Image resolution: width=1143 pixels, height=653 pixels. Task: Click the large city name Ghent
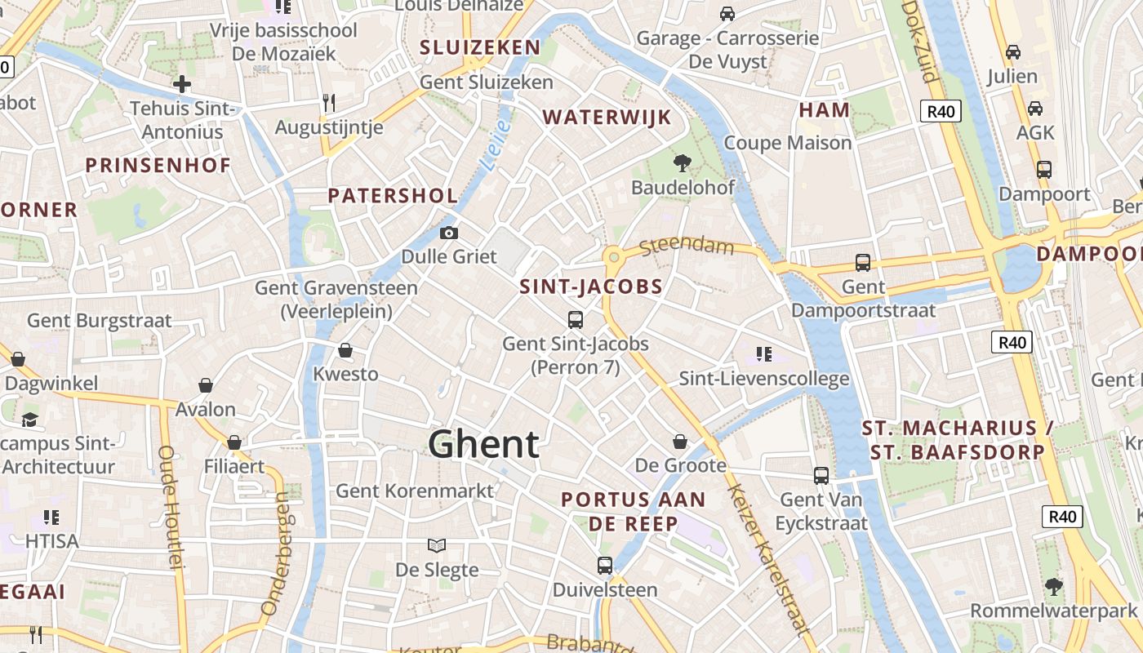click(x=483, y=445)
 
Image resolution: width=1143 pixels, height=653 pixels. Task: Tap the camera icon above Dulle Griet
click(x=448, y=233)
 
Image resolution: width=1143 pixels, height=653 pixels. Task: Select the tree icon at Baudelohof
click(x=682, y=163)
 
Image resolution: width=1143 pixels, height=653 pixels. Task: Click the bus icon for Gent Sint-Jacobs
click(x=576, y=319)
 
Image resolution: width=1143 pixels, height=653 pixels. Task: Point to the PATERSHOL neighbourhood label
click(x=393, y=196)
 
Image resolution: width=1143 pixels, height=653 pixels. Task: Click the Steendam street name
click(x=687, y=246)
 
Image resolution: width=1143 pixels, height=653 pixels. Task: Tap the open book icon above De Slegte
click(x=437, y=545)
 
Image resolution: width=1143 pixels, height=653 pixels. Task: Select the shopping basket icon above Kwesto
click(x=345, y=350)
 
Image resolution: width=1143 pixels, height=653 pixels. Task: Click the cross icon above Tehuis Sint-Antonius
click(x=182, y=84)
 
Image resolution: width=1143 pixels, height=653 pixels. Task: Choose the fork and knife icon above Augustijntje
click(x=329, y=103)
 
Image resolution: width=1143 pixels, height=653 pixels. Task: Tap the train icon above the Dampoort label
click(x=1043, y=170)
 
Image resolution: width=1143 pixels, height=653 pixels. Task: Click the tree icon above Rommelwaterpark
click(x=1054, y=586)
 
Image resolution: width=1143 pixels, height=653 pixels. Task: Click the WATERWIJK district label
click(x=607, y=118)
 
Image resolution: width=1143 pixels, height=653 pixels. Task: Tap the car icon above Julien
click(x=1012, y=52)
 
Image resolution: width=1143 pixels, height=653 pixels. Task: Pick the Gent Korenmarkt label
click(x=415, y=491)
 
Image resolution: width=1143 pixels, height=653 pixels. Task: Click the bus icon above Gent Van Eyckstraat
click(x=821, y=475)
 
